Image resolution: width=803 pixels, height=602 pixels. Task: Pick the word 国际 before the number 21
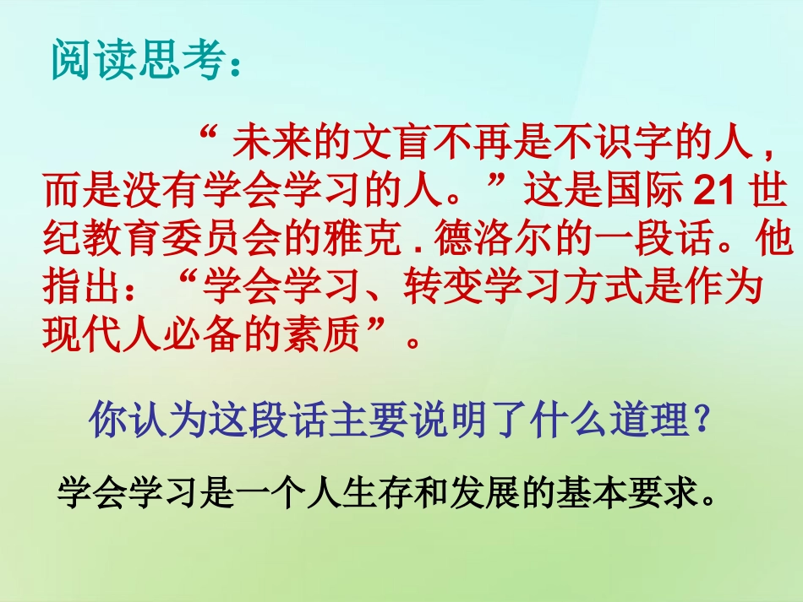[x=645, y=193]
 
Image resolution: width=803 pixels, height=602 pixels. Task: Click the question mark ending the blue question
[x=701, y=420]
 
